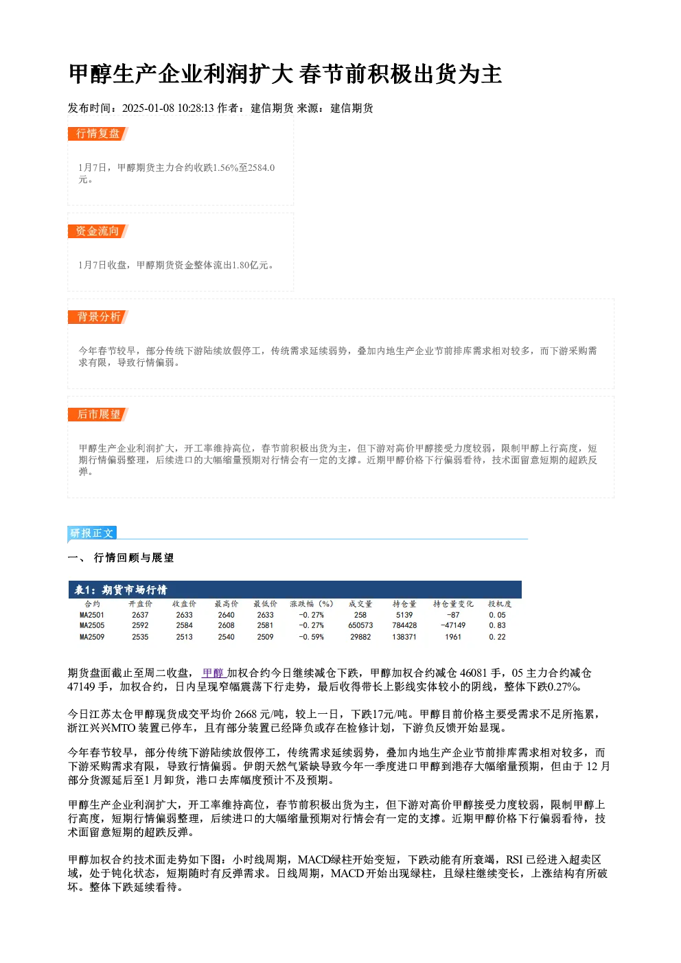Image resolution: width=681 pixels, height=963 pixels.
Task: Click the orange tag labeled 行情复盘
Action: [x=98, y=134]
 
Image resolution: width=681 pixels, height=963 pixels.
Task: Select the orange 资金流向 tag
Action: [x=98, y=231]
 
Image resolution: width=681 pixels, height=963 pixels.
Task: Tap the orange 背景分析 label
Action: [x=98, y=317]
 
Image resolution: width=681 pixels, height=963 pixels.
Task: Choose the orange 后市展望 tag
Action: [x=98, y=415]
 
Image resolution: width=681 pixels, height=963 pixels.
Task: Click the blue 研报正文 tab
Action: [x=92, y=533]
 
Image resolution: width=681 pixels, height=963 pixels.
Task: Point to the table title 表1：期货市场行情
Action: [x=121, y=590]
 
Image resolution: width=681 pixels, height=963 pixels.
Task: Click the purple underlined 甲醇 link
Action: [x=213, y=673]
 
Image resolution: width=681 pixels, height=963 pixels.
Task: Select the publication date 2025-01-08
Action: [x=148, y=108]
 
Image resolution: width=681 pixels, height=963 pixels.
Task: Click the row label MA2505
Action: [x=92, y=625]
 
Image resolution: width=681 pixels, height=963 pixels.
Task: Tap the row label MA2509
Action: [x=92, y=637]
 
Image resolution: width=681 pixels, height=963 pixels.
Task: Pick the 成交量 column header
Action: [x=360, y=604]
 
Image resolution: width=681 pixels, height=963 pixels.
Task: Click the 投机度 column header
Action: [x=500, y=604]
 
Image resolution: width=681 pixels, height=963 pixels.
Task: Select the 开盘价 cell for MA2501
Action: [x=140, y=615]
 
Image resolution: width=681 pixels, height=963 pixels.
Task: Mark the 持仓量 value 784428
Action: [x=404, y=625]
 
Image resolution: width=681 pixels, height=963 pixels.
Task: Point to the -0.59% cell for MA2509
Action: [x=311, y=637]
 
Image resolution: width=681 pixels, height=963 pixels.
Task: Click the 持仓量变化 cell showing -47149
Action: [x=453, y=625]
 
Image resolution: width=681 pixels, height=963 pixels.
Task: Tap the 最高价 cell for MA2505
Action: [x=226, y=625]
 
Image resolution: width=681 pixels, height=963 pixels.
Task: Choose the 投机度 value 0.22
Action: [x=498, y=637]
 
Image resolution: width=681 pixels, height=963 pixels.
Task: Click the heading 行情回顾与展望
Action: [x=134, y=558]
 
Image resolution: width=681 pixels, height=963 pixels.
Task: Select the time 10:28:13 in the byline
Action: [x=196, y=108]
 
